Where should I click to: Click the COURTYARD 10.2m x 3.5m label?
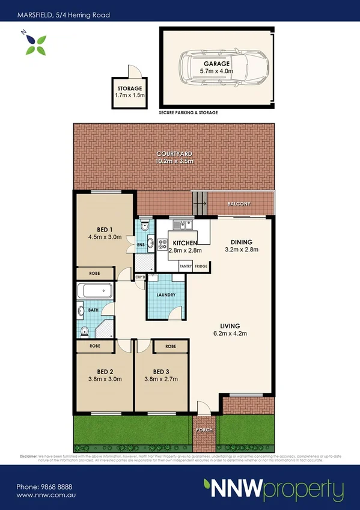174,157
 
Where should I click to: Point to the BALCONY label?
239,204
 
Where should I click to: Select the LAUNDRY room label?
165,295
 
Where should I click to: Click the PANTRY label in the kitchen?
186,266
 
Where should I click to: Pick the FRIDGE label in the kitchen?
201,266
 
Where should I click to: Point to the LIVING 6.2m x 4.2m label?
230,328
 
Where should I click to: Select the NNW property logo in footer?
273,488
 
